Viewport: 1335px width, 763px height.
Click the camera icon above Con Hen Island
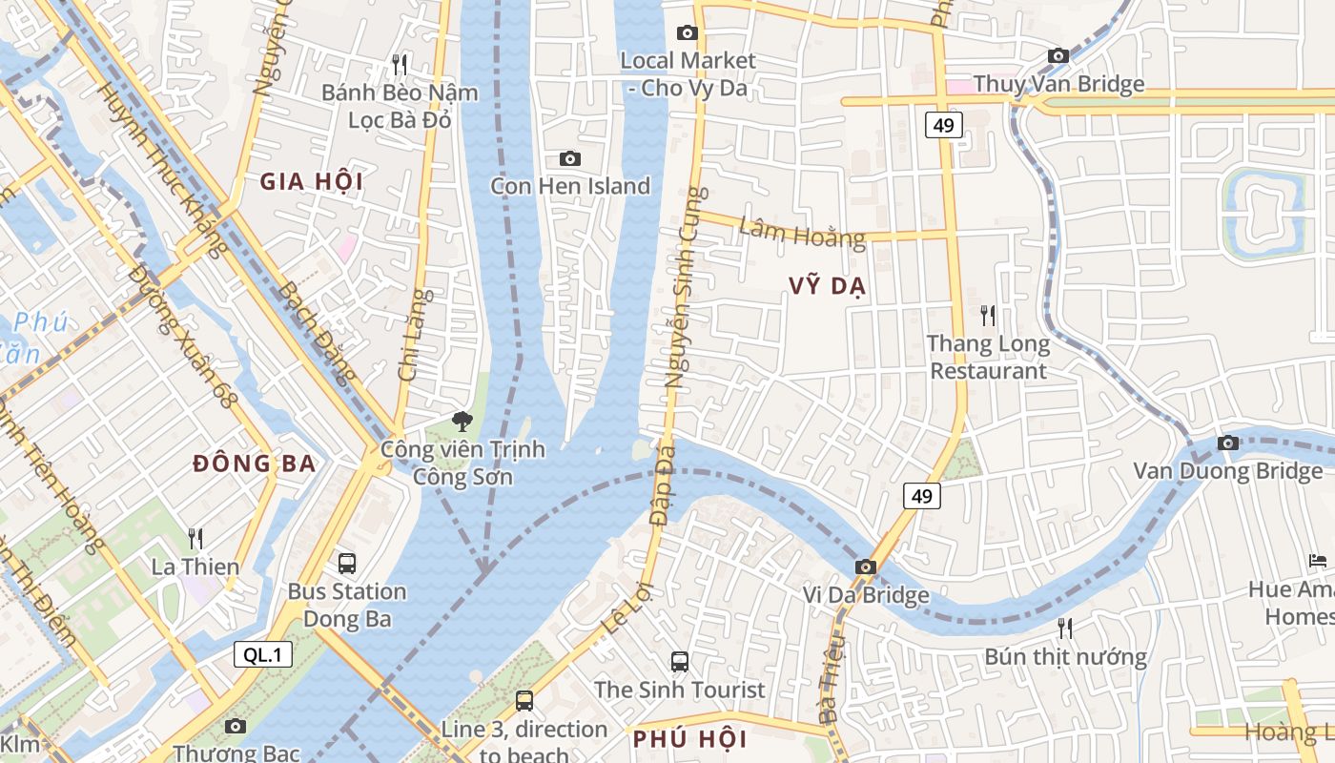pos(570,158)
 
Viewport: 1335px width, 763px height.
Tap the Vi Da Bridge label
pos(865,596)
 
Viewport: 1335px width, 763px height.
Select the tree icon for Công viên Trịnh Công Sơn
pos(462,420)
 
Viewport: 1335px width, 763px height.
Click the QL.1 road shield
pos(263,653)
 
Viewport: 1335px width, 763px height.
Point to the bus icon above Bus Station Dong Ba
pos(347,563)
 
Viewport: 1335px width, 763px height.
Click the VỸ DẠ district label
pos(827,286)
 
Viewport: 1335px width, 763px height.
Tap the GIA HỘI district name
pos(311,181)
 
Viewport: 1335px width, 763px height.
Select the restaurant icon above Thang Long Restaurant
pos(988,315)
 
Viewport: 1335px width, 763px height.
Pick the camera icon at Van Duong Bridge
pos(1228,443)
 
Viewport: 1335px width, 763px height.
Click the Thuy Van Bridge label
pos(1058,84)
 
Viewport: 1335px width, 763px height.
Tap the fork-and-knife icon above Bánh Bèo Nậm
pos(400,65)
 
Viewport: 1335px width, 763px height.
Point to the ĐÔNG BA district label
pos(254,464)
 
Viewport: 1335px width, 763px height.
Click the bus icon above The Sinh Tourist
pos(680,661)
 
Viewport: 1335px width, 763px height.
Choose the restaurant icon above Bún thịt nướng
pos(1065,628)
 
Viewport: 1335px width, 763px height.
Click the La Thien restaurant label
pos(195,567)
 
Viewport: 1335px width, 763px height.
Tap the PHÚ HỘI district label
pos(690,739)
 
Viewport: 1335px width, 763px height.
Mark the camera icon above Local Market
pos(687,33)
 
